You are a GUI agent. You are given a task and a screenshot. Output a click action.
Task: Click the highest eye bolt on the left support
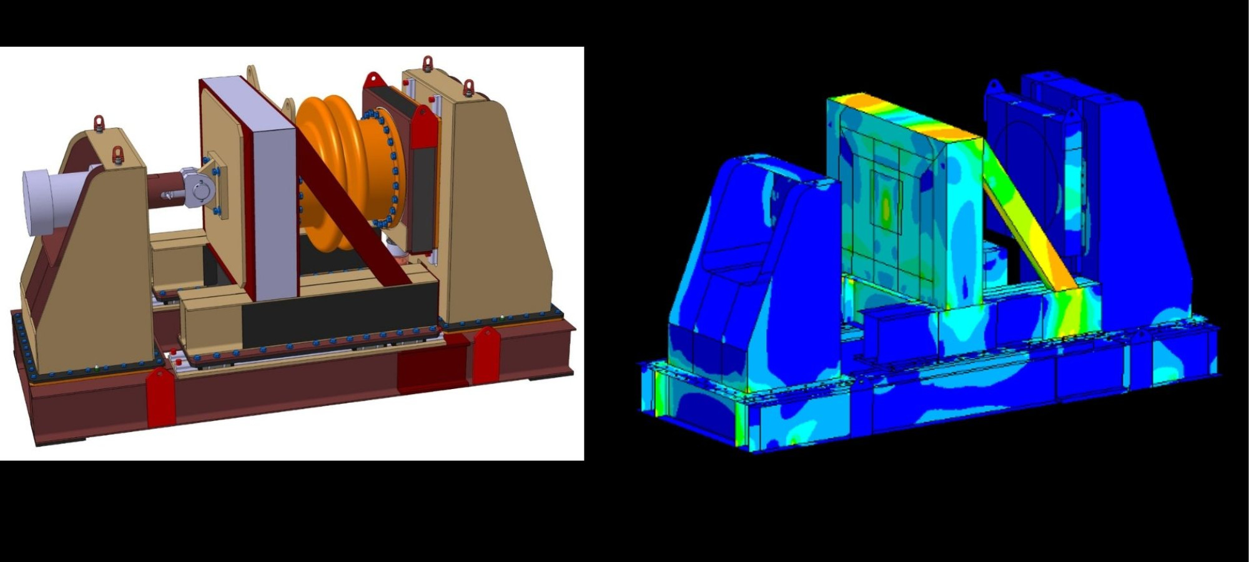coord(99,122)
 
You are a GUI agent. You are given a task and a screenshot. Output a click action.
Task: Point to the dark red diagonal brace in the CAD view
coord(350,206)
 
